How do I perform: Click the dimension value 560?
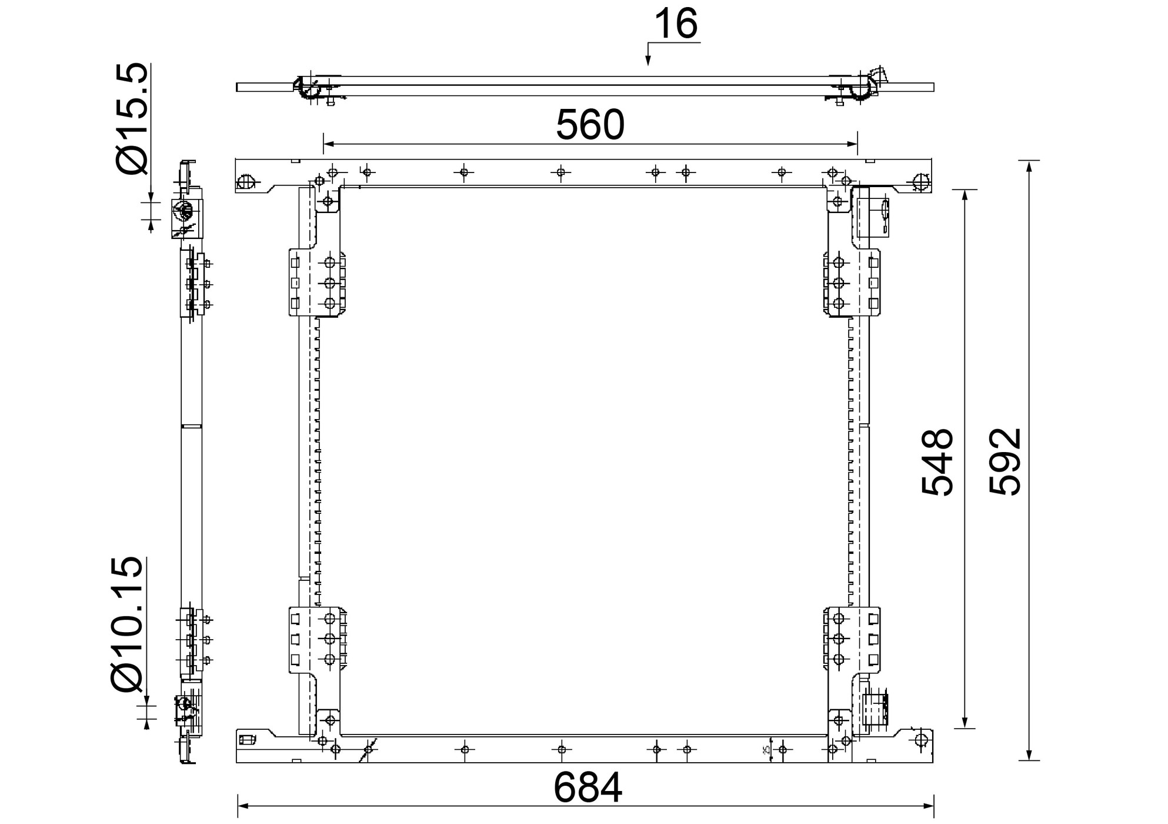[x=590, y=125]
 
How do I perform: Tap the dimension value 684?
[x=588, y=788]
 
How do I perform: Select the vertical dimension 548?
[x=937, y=462]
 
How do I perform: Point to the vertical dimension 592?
[x=1005, y=462]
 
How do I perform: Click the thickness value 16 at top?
[x=676, y=24]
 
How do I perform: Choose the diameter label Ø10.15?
[x=126, y=624]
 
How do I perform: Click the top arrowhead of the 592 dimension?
[x=1029, y=165]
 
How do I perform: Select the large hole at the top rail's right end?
[x=921, y=182]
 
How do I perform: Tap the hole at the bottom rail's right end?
[x=922, y=740]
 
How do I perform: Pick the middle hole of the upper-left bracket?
[x=330, y=283]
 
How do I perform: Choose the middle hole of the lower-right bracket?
[x=839, y=639]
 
